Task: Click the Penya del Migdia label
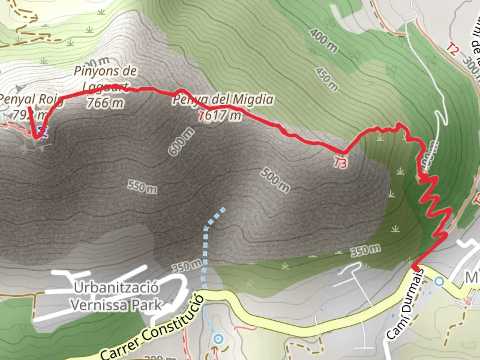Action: coord(223,99)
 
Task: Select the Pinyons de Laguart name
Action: coord(105,79)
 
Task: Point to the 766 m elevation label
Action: coord(105,103)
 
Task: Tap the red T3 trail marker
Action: coord(340,163)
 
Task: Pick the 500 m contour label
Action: coord(275,180)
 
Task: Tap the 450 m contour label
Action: coord(327,79)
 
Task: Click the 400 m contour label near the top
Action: coord(323,41)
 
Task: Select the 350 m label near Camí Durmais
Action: coord(365,250)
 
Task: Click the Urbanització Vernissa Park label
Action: coord(116,296)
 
